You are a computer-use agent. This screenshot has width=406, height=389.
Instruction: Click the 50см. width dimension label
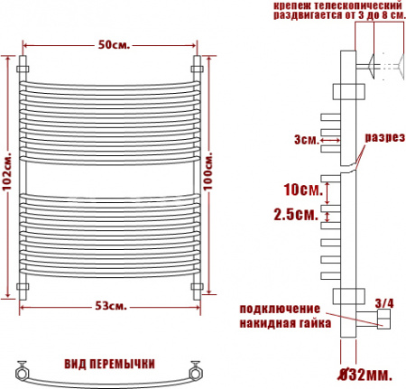coord(112,46)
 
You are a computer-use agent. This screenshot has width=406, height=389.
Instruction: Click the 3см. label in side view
coord(305,140)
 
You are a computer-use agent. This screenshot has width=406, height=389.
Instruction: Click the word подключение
coord(280,309)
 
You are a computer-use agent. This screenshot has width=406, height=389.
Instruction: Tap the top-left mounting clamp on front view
coord(23,67)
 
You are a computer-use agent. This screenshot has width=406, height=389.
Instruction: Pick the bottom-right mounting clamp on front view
coord(198,289)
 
